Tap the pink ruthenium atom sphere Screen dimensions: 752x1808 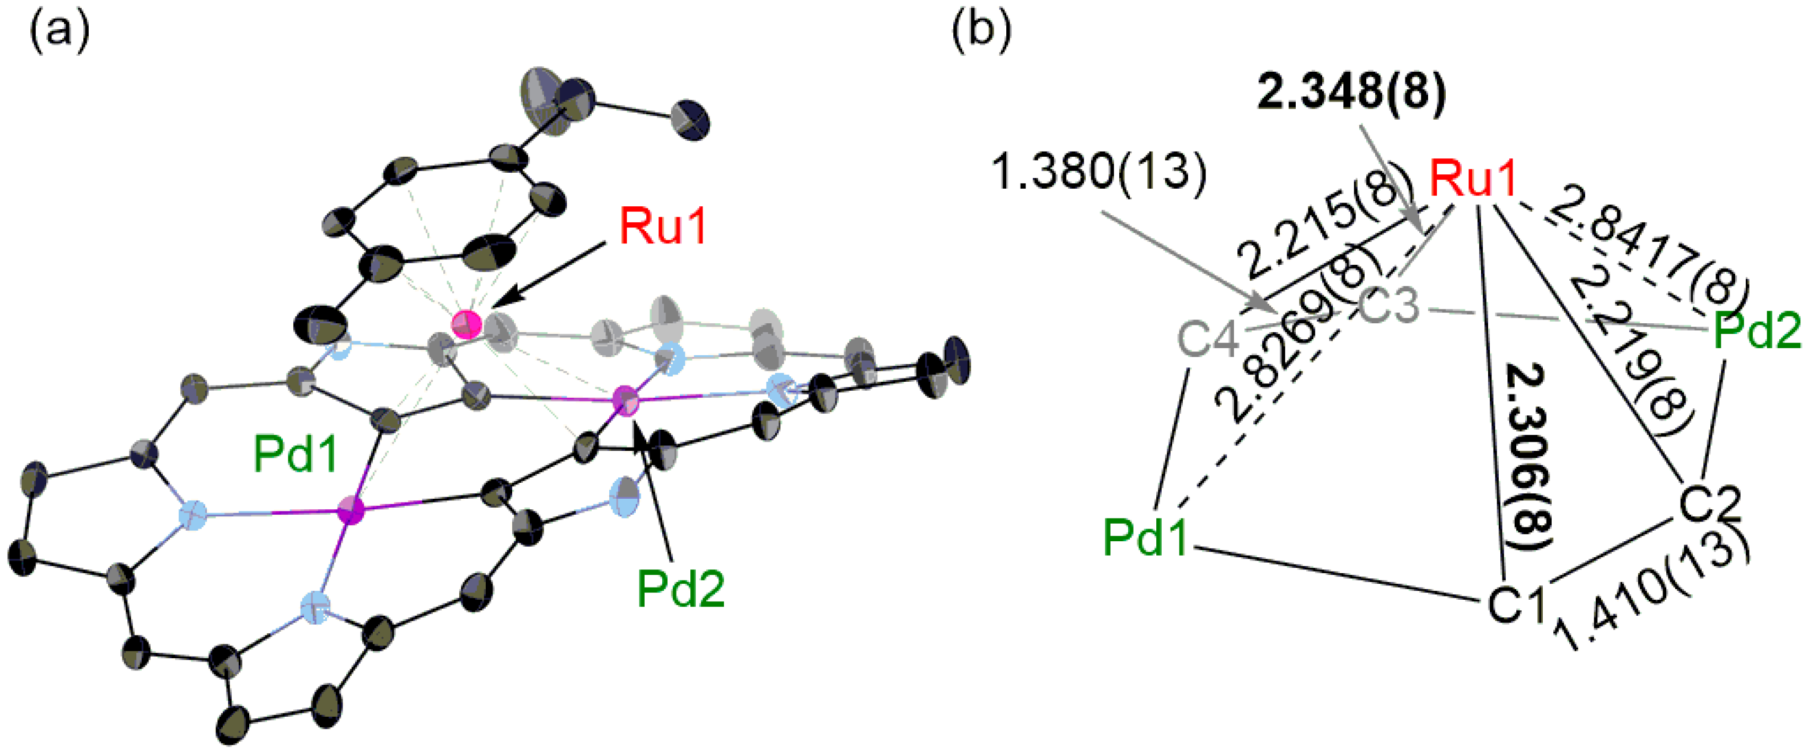click(465, 325)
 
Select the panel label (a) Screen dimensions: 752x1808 click(59, 31)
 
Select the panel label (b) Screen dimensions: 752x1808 click(981, 31)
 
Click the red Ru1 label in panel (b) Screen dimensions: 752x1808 click(1474, 179)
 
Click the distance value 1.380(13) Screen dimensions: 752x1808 click(1098, 172)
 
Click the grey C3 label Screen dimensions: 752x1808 click(1389, 307)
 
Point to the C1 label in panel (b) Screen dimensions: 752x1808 click(1516, 602)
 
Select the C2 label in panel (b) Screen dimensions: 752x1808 click(1710, 504)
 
